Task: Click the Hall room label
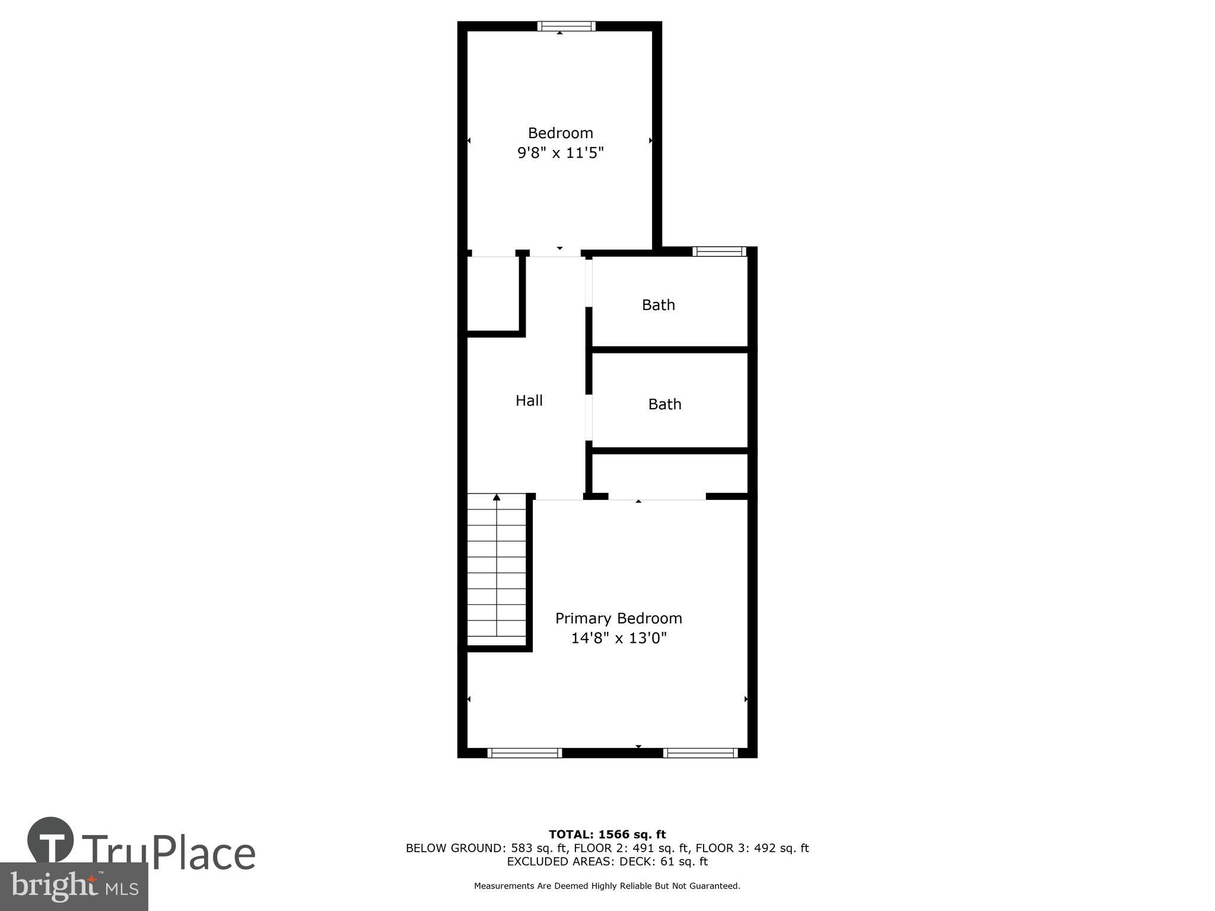pyautogui.click(x=529, y=401)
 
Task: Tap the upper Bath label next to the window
pyautogui.click(x=658, y=305)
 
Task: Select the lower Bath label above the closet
pyautogui.click(x=664, y=404)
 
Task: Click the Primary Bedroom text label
pyautogui.click(x=618, y=619)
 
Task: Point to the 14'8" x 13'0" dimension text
pyautogui.click(x=618, y=638)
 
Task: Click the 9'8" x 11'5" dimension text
pyautogui.click(x=560, y=153)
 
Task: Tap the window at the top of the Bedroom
pyautogui.click(x=566, y=26)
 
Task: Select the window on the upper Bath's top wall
pyautogui.click(x=719, y=251)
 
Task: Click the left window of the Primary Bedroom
pyautogui.click(x=524, y=753)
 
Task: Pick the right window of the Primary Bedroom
pyautogui.click(x=700, y=753)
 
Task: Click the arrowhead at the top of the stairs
pyautogui.click(x=497, y=497)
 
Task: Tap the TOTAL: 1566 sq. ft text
pyautogui.click(x=607, y=834)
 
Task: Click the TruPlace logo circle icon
pyautogui.click(x=50, y=840)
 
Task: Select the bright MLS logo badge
pyautogui.click(x=74, y=887)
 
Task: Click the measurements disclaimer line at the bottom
pyautogui.click(x=607, y=886)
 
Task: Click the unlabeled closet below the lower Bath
pyautogui.click(x=669, y=473)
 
